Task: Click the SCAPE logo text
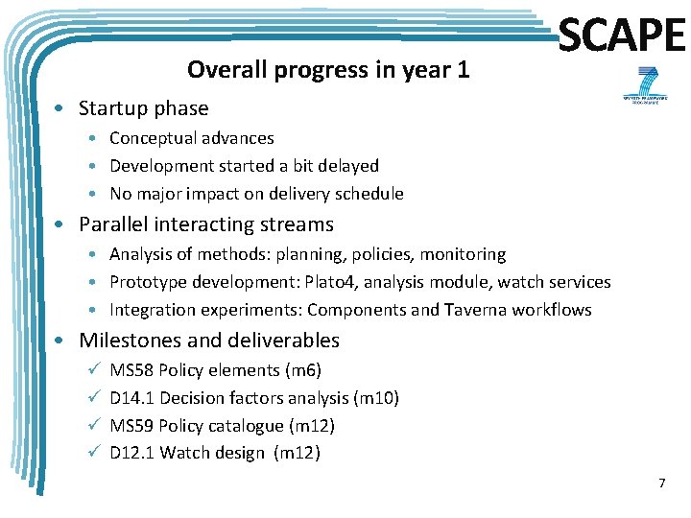coord(622,36)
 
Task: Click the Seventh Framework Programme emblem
coord(641,84)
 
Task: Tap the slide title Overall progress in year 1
coord(328,70)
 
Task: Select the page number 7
coord(661,483)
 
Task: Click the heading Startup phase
coord(143,108)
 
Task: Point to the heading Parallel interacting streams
coord(205,224)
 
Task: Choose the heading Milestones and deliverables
coord(208,341)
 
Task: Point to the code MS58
coord(131,370)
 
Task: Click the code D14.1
coord(130,398)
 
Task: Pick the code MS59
coord(131,426)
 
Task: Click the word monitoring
coord(463,254)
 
